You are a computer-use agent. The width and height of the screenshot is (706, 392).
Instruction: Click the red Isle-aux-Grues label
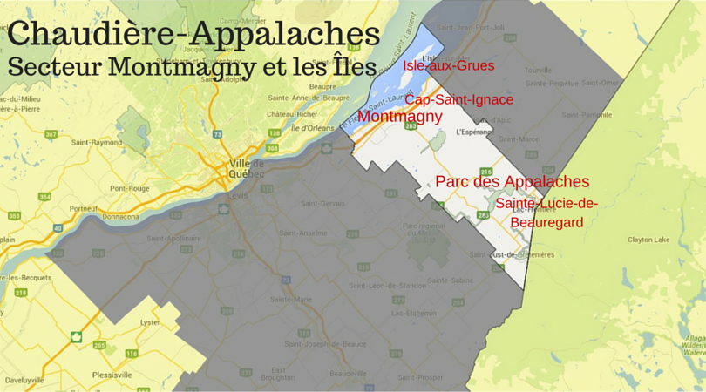tap(448, 66)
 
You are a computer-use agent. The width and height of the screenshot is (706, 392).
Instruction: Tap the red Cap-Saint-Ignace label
tap(458, 99)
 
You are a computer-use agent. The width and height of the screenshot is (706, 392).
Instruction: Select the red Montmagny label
tap(400, 116)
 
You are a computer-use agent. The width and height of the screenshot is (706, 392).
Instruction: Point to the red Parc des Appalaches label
tap(512, 182)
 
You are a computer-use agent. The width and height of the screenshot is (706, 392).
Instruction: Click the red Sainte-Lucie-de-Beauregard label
tap(547, 213)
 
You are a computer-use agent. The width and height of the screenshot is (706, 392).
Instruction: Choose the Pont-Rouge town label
tap(130, 187)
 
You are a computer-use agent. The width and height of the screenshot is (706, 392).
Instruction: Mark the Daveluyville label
tap(24, 381)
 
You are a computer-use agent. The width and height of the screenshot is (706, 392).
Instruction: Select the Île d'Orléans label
tap(312, 129)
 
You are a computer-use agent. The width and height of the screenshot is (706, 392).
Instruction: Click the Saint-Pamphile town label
tap(585, 114)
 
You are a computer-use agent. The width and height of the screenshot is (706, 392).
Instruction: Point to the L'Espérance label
tap(470, 132)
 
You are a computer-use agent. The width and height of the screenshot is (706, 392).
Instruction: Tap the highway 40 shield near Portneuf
tap(57, 228)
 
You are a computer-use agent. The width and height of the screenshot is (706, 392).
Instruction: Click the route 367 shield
tap(51, 134)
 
